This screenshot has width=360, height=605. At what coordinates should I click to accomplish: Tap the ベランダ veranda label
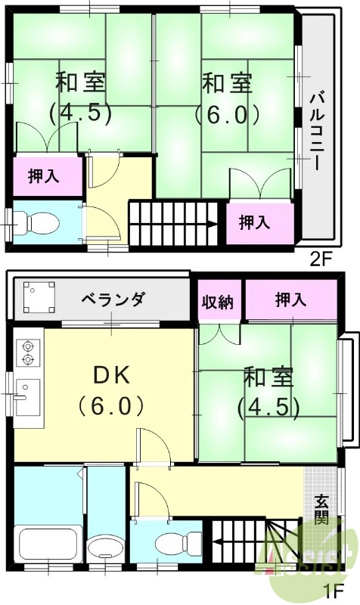[113, 299]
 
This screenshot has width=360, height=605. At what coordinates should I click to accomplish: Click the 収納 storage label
[217, 300]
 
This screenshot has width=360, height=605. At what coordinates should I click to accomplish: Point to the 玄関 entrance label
[322, 510]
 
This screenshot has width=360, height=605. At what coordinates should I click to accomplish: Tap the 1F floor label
[334, 591]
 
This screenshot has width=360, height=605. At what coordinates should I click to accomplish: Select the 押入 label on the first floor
[290, 300]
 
